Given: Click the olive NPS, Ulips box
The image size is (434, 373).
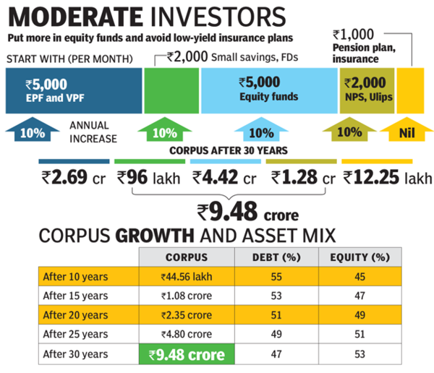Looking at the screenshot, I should coord(367,90).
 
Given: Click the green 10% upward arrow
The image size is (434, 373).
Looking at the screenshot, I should coord(165,132).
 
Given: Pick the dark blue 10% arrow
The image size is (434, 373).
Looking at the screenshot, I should coord(34,132).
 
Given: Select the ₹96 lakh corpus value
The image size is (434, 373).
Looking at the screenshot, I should coord(151,178).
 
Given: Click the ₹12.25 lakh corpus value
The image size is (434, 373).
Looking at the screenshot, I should coord(384,178).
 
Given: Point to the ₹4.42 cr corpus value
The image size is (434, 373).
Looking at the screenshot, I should coord(226,178).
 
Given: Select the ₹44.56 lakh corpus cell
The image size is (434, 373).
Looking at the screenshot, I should coord(187,276).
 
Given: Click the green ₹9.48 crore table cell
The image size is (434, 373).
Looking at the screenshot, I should coord(187,355).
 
